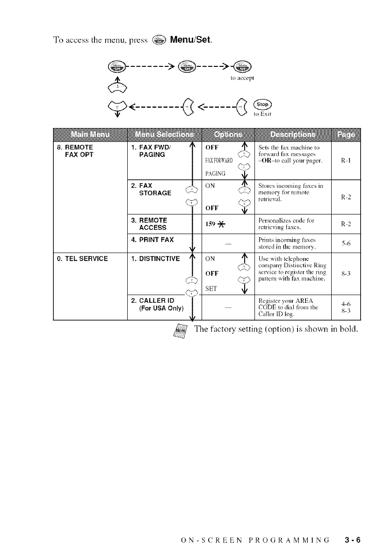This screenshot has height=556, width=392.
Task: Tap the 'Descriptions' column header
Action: pyautogui.click(x=291, y=135)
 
